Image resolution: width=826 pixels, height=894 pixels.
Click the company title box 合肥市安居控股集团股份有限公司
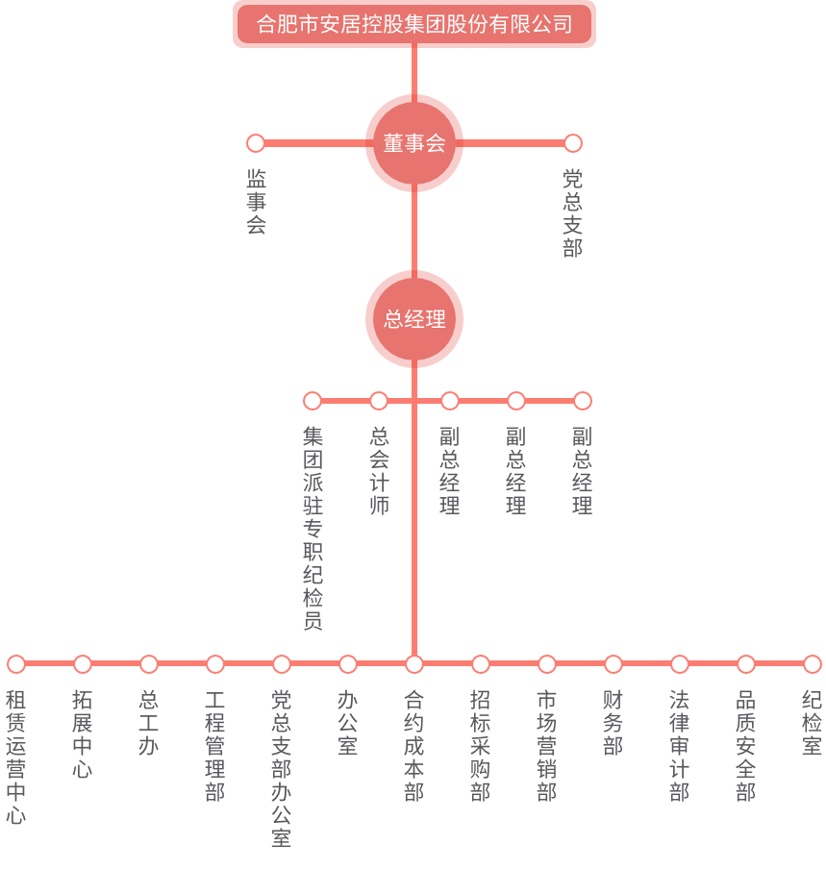click(x=414, y=24)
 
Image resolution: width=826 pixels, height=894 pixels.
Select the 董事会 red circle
click(x=414, y=143)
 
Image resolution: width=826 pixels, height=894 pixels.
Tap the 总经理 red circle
click(x=414, y=319)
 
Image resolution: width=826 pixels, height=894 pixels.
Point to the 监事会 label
click(x=256, y=202)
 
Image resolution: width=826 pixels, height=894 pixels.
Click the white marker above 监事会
click(x=256, y=143)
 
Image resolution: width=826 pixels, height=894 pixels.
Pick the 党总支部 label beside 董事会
click(x=572, y=213)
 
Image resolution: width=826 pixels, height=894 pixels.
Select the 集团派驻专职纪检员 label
click(x=313, y=528)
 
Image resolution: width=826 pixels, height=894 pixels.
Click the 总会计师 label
click(x=379, y=470)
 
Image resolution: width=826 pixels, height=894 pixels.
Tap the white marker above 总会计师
click(x=379, y=401)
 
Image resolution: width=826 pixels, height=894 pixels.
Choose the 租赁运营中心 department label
click(x=15, y=757)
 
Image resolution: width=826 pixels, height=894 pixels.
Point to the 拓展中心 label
click(x=82, y=734)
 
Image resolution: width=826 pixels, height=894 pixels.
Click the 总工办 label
click(x=148, y=723)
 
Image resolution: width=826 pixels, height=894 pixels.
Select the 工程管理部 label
click(x=214, y=746)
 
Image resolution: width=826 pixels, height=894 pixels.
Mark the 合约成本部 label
click(x=413, y=746)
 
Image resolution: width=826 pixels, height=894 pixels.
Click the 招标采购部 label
click(x=480, y=746)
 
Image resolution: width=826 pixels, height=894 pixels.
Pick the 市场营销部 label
click(x=546, y=746)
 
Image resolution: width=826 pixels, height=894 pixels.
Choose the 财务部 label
click(x=613, y=723)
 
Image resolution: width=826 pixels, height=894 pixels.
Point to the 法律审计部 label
click(x=679, y=746)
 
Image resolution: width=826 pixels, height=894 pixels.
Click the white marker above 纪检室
click(x=813, y=664)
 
